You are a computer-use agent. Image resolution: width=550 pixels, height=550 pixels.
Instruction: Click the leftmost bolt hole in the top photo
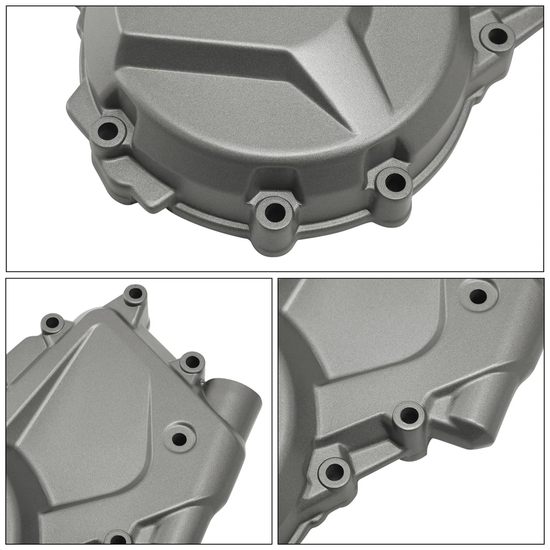[109, 131]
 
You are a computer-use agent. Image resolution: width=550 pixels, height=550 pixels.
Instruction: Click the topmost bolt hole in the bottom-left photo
[135, 294]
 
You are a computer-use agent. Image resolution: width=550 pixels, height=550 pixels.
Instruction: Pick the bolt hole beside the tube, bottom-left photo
[192, 362]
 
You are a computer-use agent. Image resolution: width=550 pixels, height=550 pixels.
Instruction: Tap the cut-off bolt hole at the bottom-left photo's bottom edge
[117, 540]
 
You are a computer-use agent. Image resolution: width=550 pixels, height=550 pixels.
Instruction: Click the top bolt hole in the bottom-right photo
[477, 296]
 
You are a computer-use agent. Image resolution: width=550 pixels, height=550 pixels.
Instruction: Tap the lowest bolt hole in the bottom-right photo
[332, 472]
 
